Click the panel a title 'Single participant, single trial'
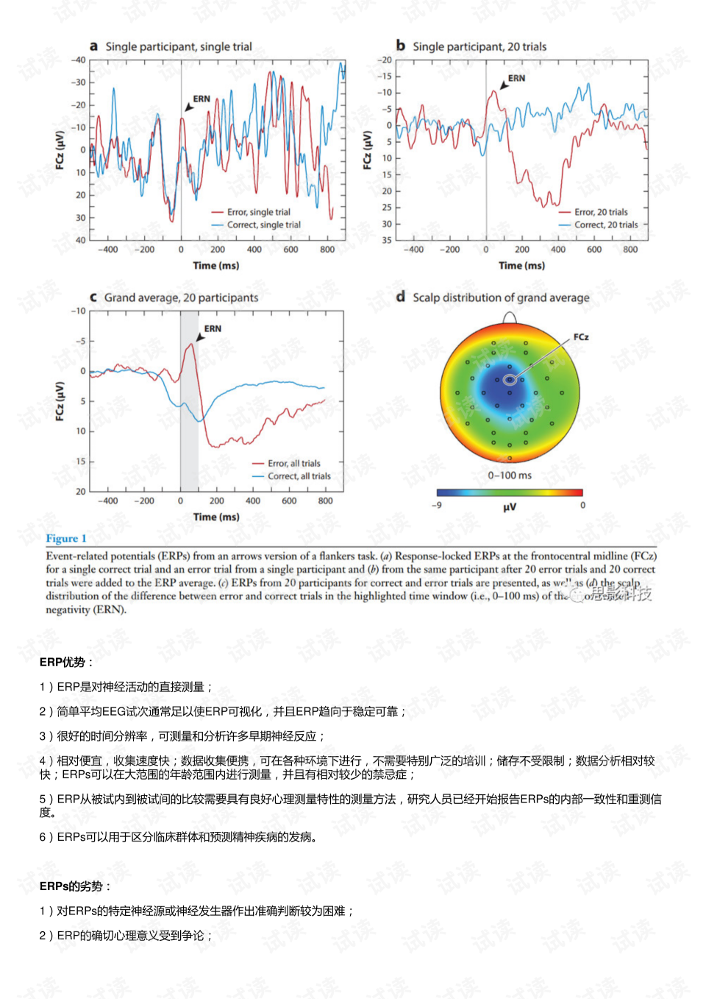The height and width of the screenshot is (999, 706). point(178,46)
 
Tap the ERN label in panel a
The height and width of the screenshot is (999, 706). point(202,99)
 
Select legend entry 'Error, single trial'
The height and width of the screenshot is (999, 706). point(258,212)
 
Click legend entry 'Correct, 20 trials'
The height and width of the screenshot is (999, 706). point(605,225)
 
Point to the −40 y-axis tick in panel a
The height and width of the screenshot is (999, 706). point(78,60)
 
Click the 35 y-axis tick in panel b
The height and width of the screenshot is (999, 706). point(387,240)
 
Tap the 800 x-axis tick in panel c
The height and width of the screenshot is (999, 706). point(325,501)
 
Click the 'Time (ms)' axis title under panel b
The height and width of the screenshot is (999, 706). point(521,265)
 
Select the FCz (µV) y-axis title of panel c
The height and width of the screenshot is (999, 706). point(60,401)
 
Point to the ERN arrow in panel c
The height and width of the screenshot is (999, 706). point(200,338)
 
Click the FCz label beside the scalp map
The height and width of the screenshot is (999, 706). point(581,337)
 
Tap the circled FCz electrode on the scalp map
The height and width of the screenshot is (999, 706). point(510,380)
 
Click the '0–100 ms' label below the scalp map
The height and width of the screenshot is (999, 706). point(510,476)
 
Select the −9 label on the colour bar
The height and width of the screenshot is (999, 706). point(437,505)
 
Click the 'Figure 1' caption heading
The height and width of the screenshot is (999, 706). point(66,538)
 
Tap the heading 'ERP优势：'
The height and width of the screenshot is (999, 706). point(66,662)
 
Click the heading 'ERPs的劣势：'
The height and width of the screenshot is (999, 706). point(75,886)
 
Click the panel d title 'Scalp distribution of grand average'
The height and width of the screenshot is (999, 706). point(501,297)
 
